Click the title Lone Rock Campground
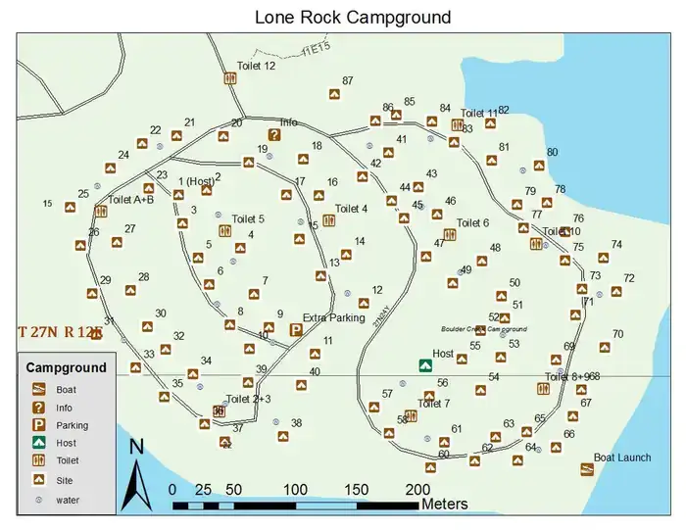[352, 17]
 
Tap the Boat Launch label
[622, 458]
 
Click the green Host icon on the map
[424, 365]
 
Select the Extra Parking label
[333, 317]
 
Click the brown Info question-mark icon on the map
[275, 135]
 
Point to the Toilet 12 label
[256, 66]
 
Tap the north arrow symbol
[137, 475]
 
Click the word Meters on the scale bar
[444, 504]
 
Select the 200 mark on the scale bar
[417, 489]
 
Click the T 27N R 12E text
[60, 332]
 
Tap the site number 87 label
[348, 81]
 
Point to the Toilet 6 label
[472, 223]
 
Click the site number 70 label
[617, 334]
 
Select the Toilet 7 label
[433, 404]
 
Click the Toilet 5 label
[248, 218]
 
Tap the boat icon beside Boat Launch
[587, 469]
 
